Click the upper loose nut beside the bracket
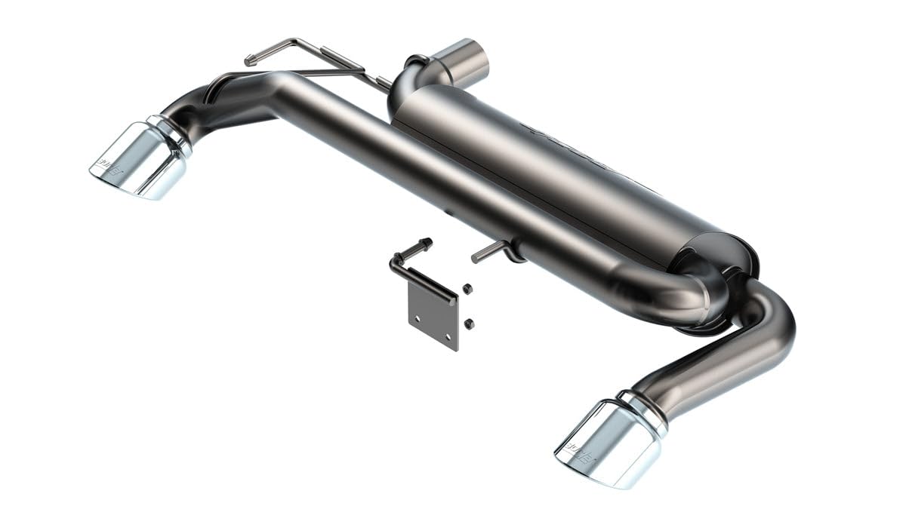(467, 288)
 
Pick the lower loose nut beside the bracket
(469, 323)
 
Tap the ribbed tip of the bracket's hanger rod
(424, 244)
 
